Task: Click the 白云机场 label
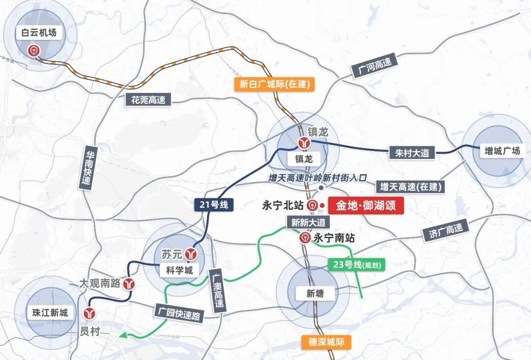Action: click(x=39, y=33)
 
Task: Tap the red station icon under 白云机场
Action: click(x=33, y=50)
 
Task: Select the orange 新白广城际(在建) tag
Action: click(x=275, y=84)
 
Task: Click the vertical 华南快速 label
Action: click(x=88, y=167)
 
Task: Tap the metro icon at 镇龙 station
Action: click(x=303, y=143)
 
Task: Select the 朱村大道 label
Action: click(x=412, y=153)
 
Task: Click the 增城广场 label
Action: click(x=502, y=151)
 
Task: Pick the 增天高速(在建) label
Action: click(x=411, y=187)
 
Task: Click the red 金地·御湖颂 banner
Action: click(x=366, y=205)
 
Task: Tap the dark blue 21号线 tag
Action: click(x=214, y=205)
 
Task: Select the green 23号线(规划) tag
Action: click(x=356, y=265)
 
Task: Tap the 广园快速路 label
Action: click(x=178, y=313)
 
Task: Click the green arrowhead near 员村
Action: click(x=122, y=335)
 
